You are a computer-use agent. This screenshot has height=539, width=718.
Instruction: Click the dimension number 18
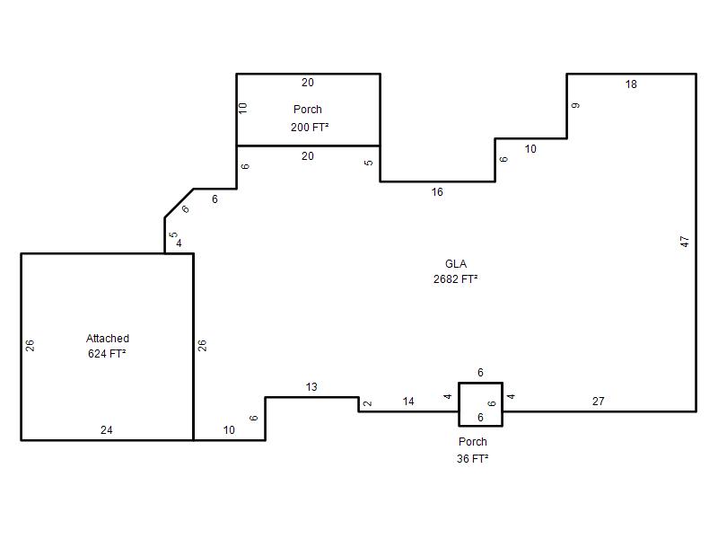[631, 84]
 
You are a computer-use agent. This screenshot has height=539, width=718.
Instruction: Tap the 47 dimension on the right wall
[684, 242]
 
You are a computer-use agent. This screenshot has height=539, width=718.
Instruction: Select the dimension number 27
[598, 402]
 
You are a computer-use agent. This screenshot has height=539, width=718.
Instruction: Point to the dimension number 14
[408, 402]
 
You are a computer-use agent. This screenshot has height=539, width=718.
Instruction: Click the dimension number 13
[311, 387]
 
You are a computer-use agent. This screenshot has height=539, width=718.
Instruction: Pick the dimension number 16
[437, 192]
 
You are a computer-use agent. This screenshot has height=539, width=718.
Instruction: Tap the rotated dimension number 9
[575, 105]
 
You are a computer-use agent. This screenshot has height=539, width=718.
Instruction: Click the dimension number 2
[367, 403]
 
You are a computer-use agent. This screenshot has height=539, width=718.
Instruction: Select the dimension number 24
[106, 430]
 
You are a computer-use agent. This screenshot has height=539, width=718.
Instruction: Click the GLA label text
[456, 264]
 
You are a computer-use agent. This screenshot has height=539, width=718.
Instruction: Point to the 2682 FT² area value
[456, 279]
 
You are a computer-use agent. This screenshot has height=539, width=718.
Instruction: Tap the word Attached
[108, 339]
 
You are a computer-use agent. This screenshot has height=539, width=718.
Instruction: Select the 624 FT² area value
[107, 353]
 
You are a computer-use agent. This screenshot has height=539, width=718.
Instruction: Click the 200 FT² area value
[310, 127]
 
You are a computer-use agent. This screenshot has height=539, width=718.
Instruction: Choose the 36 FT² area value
[472, 458]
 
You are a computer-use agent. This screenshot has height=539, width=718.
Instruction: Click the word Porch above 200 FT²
[308, 110]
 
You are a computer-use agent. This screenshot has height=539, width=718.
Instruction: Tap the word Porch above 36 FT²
[473, 442]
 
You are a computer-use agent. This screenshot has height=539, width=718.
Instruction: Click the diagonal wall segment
[179, 203]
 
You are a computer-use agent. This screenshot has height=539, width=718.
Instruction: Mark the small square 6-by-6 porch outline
[459, 404]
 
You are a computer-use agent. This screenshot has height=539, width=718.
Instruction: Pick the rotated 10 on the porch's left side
[242, 108]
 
